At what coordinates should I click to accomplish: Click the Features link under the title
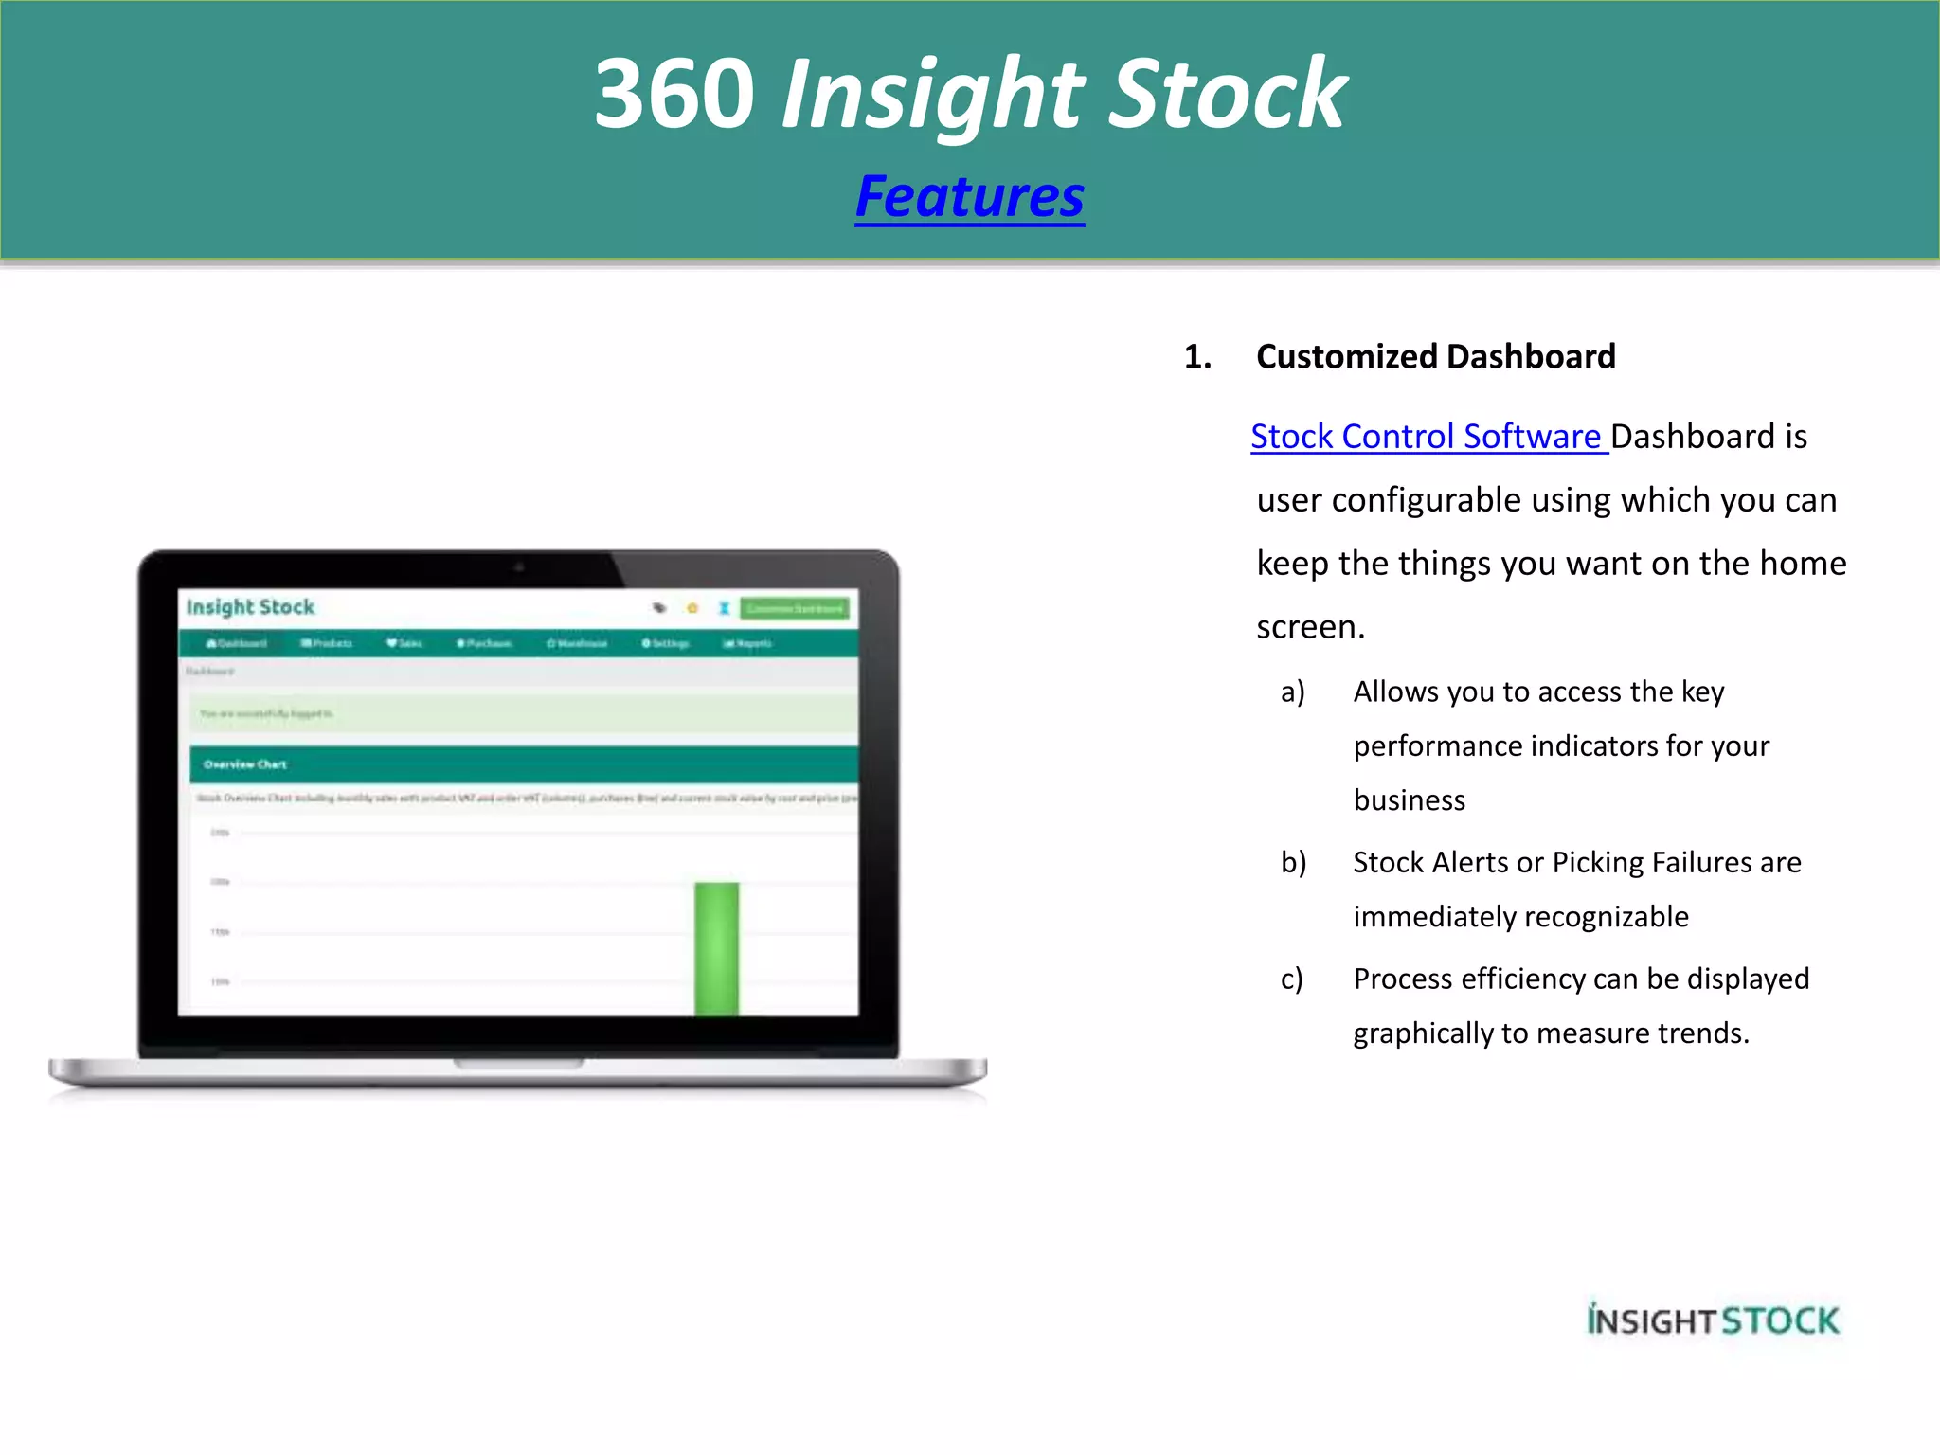[969, 197]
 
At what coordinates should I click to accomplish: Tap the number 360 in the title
[674, 94]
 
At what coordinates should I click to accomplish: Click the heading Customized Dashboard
[1435, 357]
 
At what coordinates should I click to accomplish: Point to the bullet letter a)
[1292, 692]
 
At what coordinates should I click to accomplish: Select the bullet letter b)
[1293, 863]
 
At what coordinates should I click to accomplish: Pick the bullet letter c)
[1291, 979]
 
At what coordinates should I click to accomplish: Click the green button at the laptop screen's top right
[795, 608]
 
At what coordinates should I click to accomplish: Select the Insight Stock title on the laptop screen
[250, 607]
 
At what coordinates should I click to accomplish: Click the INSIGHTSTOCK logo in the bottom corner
[1713, 1320]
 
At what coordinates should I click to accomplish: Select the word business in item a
[1409, 801]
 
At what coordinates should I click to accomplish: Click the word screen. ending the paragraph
[1310, 627]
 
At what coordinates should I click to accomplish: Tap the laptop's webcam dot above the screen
[519, 567]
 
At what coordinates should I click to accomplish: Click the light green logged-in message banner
[524, 713]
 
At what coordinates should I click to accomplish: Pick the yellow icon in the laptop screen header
[692, 608]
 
